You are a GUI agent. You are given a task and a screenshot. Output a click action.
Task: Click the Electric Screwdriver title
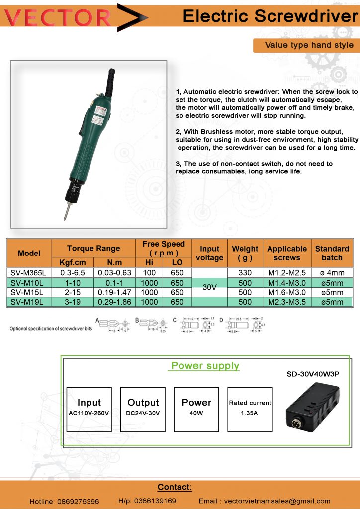[x=270, y=16]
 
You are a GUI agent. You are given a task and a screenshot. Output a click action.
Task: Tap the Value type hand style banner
[x=309, y=45]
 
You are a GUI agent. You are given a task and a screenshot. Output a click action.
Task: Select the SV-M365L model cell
[x=29, y=273]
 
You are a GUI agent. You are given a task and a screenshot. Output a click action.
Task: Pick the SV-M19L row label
[x=29, y=302]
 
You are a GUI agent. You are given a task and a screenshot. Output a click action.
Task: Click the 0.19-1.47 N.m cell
[x=114, y=292]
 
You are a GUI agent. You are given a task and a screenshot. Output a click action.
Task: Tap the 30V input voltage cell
[x=209, y=287]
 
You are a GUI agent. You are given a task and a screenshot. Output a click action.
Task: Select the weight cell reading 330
[x=245, y=273]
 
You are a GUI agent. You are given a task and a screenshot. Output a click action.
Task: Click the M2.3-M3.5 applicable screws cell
[x=287, y=302]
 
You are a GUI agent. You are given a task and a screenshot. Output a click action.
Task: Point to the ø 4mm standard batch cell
[x=332, y=273]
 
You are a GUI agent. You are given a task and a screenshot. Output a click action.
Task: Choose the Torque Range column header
[x=93, y=248]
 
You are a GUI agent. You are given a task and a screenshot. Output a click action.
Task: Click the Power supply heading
[x=205, y=366]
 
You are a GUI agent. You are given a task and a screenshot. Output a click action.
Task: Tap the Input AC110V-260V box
[x=89, y=410]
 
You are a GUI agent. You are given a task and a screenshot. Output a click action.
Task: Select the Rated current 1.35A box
[x=250, y=410]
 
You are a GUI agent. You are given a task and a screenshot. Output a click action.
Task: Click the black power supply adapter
[x=312, y=410]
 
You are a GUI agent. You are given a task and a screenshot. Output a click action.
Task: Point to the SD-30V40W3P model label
[x=313, y=374]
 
